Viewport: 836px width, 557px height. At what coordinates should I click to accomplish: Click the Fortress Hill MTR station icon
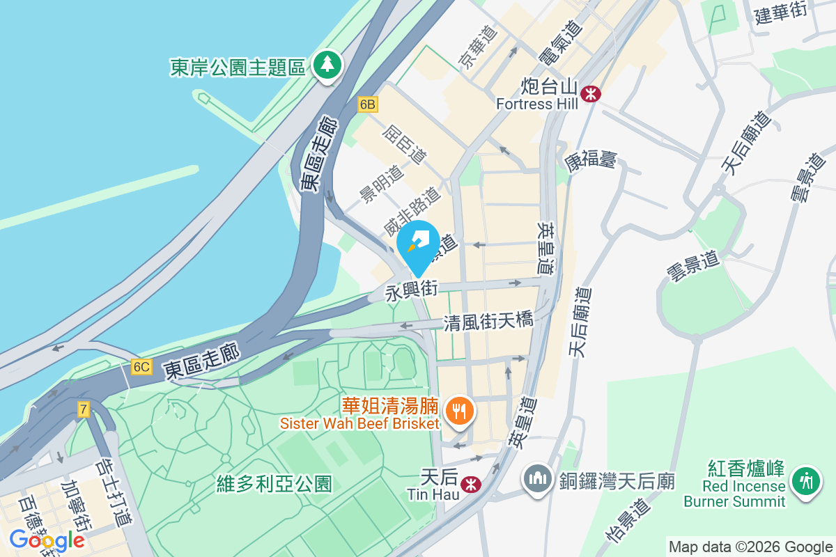point(591,93)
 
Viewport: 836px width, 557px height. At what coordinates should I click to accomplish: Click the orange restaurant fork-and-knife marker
point(458,409)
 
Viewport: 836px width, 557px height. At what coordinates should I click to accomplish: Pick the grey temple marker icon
point(537,480)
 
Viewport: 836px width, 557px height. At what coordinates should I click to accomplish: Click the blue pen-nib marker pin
point(419,243)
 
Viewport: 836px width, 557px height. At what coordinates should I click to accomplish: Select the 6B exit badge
point(367,104)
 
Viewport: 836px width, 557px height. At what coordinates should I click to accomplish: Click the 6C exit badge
point(141,367)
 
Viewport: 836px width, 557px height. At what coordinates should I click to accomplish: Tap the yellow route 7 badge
point(84,409)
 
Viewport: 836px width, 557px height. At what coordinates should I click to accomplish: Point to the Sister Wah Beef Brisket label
point(359,423)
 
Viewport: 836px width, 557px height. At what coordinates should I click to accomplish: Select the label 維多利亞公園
point(274,483)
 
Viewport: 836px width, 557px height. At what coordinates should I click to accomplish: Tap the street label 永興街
point(411,291)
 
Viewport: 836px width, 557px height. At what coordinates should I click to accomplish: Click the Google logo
point(47,540)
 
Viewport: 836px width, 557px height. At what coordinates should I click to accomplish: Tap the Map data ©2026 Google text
point(750,547)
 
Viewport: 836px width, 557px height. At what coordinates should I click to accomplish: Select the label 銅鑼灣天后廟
point(617,480)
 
